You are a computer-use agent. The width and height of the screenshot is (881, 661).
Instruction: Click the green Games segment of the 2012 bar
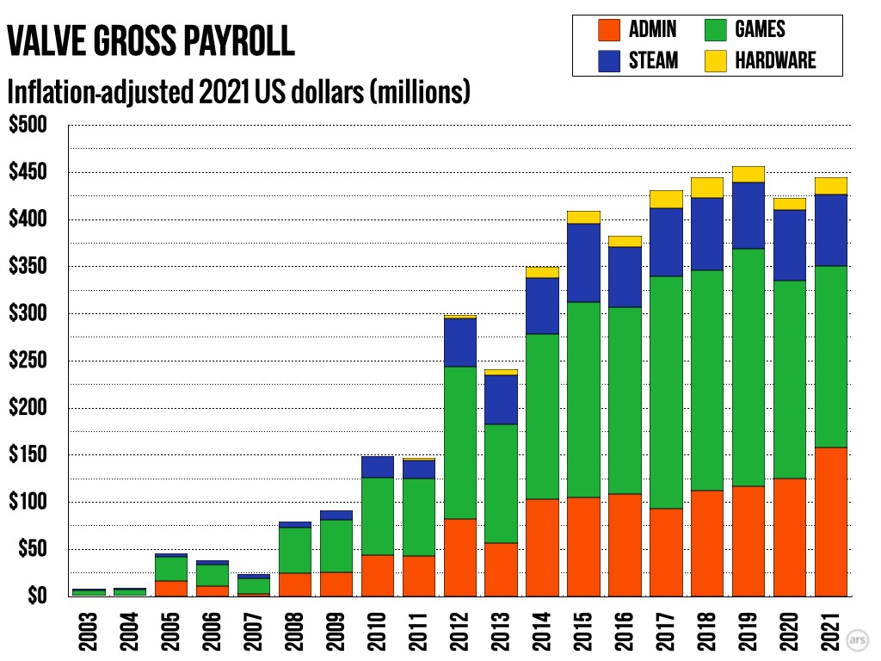460,442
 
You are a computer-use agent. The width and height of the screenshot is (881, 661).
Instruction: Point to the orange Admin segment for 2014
543,547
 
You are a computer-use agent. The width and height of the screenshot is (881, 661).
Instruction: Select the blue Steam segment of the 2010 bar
378,466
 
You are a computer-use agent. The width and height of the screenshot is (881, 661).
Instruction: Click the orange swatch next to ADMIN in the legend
609,30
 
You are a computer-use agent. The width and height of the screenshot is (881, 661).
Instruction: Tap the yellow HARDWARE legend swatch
716,60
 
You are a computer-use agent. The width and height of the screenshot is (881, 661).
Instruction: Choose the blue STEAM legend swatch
609,60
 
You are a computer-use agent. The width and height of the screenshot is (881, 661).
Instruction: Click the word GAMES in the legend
760,30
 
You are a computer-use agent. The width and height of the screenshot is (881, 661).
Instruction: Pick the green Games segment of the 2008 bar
295,550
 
